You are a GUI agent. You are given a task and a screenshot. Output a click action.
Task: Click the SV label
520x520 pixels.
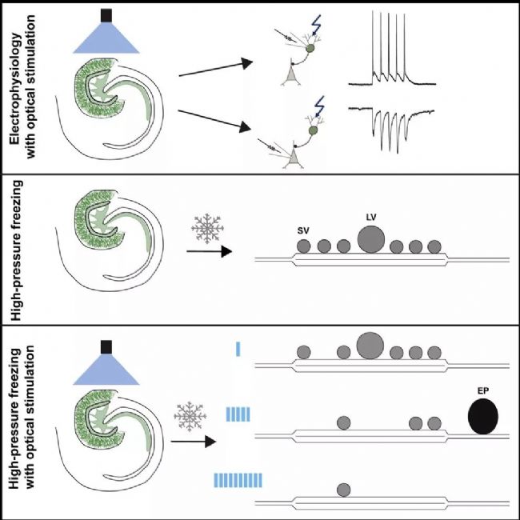(x=303, y=231)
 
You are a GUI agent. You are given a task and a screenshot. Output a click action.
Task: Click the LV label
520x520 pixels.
(x=371, y=218)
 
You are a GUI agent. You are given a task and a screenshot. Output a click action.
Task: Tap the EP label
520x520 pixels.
(x=483, y=391)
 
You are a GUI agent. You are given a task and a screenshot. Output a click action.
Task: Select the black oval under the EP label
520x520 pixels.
(x=483, y=416)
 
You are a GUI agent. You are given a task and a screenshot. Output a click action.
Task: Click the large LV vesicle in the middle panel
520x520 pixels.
(x=371, y=239)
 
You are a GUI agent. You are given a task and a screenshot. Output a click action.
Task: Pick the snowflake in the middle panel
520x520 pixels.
(x=208, y=229)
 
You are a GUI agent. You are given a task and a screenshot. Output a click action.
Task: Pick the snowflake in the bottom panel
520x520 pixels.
(x=190, y=416)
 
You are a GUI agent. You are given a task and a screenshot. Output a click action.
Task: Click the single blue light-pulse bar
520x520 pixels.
(x=238, y=349)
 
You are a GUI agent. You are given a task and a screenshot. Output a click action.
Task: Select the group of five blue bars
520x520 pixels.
(x=238, y=414)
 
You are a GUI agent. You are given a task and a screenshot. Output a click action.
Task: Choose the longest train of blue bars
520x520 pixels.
(x=238, y=480)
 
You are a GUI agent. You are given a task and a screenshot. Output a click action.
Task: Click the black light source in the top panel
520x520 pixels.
(x=106, y=15)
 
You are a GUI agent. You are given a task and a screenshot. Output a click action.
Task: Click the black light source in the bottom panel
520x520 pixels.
(x=106, y=347)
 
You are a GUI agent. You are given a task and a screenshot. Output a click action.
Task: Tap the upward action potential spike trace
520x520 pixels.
(x=392, y=49)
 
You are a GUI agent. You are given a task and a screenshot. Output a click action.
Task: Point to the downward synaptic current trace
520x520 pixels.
(x=391, y=130)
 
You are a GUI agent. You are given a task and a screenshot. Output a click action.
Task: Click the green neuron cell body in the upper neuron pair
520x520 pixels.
(x=310, y=48)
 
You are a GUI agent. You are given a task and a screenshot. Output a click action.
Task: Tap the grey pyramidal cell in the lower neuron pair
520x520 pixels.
(x=293, y=156)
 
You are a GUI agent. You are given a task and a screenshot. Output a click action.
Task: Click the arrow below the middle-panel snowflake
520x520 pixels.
(x=210, y=251)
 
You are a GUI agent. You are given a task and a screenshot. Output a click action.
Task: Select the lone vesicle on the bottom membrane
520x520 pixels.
(x=343, y=490)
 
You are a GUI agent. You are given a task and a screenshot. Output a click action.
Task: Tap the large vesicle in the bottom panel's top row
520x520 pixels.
(x=370, y=346)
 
